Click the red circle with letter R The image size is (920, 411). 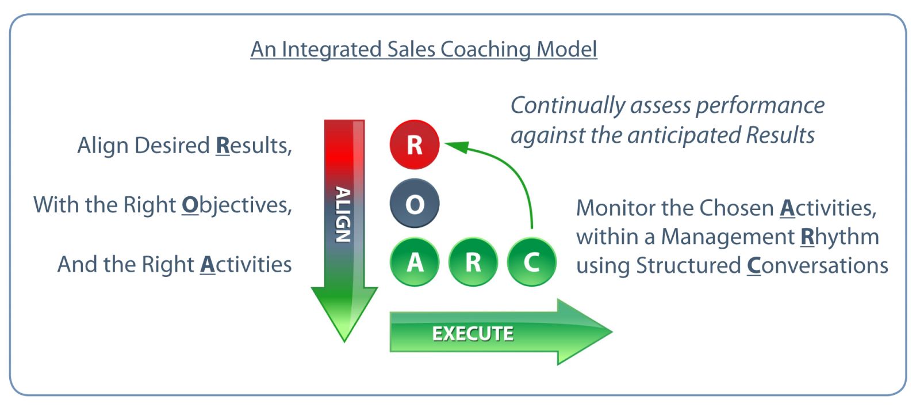pyautogui.click(x=415, y=144)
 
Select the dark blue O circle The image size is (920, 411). pyautogui.click(x=415, y=203)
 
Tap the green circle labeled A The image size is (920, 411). pyautogui.click(x=415, y=262)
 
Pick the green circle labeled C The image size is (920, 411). pyautogui.click(x=532, y=262)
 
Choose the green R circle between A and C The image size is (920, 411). pyautogui.click(x=473, y=262)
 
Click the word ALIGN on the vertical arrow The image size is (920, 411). pyautogui.click(x=343, y=215)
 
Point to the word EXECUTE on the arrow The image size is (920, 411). pyautogui.click(x=473, y=333)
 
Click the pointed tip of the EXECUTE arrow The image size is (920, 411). pyautogui.click(x=612, y=331)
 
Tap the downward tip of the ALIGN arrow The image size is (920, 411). pyautogui.click(x=344, y=342)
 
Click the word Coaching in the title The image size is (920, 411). pyautogui.click(x=485, y=50)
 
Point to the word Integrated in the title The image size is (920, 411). pyautogui.click(x=332, y=50)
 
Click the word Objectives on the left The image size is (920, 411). pyautogui.click(x=236, y=205)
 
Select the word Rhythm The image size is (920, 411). pyautogui.click(x=840, y=237)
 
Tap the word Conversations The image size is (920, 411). pyautogui.click(x=817, y=265)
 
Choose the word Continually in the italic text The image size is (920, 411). pyautogui.click(x=568, y=106)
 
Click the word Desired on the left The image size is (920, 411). pyautogui.click(x=172, y=145)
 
